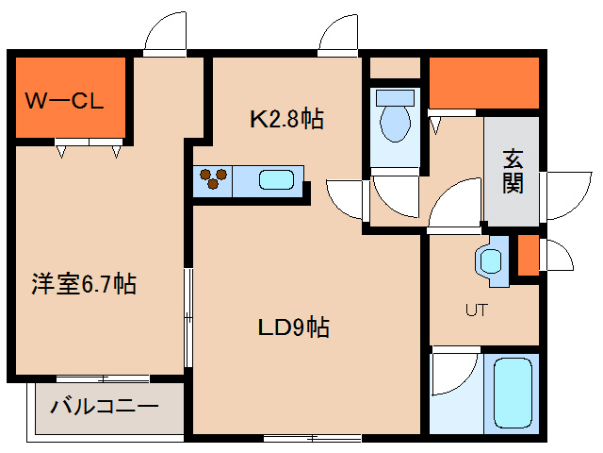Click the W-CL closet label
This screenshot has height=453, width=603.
(64, 99)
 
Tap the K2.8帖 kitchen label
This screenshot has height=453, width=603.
(286, 119)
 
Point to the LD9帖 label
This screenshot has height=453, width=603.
(293, 328)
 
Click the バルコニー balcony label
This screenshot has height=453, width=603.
(104, 409)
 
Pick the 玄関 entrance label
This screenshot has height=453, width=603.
(513, 171)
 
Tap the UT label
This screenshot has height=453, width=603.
(476, 310)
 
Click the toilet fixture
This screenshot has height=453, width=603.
(393, 118)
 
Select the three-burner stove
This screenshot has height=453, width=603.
(212, 179)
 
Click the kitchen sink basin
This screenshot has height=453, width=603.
(275, 179)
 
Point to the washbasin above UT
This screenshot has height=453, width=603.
(491, 262)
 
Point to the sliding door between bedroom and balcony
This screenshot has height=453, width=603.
(94, 379)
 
